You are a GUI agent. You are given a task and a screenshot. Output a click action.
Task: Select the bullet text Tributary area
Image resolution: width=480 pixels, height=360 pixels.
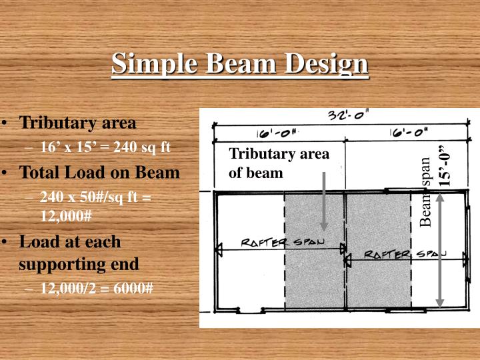pyautogui.click(x=78, y=123)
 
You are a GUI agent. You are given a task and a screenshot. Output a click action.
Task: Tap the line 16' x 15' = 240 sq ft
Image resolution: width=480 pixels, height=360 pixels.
pyautogui.click(x=106, y=147)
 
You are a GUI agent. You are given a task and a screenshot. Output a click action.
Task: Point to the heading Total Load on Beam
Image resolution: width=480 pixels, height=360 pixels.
pyautogui.click(x=99, y=172)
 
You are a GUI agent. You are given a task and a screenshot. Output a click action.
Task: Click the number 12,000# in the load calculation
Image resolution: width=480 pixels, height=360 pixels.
pyautogui.click(x=65, y=217)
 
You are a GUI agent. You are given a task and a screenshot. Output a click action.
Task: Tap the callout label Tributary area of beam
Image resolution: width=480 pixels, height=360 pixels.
pyautogui.click(x=279, y=163)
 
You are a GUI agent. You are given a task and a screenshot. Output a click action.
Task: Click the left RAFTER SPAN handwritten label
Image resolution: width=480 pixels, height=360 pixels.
pyautogui.click(x=283, y=243)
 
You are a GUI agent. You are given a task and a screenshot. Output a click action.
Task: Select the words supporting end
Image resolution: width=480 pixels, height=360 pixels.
pyautogui.click(x=79, y=263)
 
